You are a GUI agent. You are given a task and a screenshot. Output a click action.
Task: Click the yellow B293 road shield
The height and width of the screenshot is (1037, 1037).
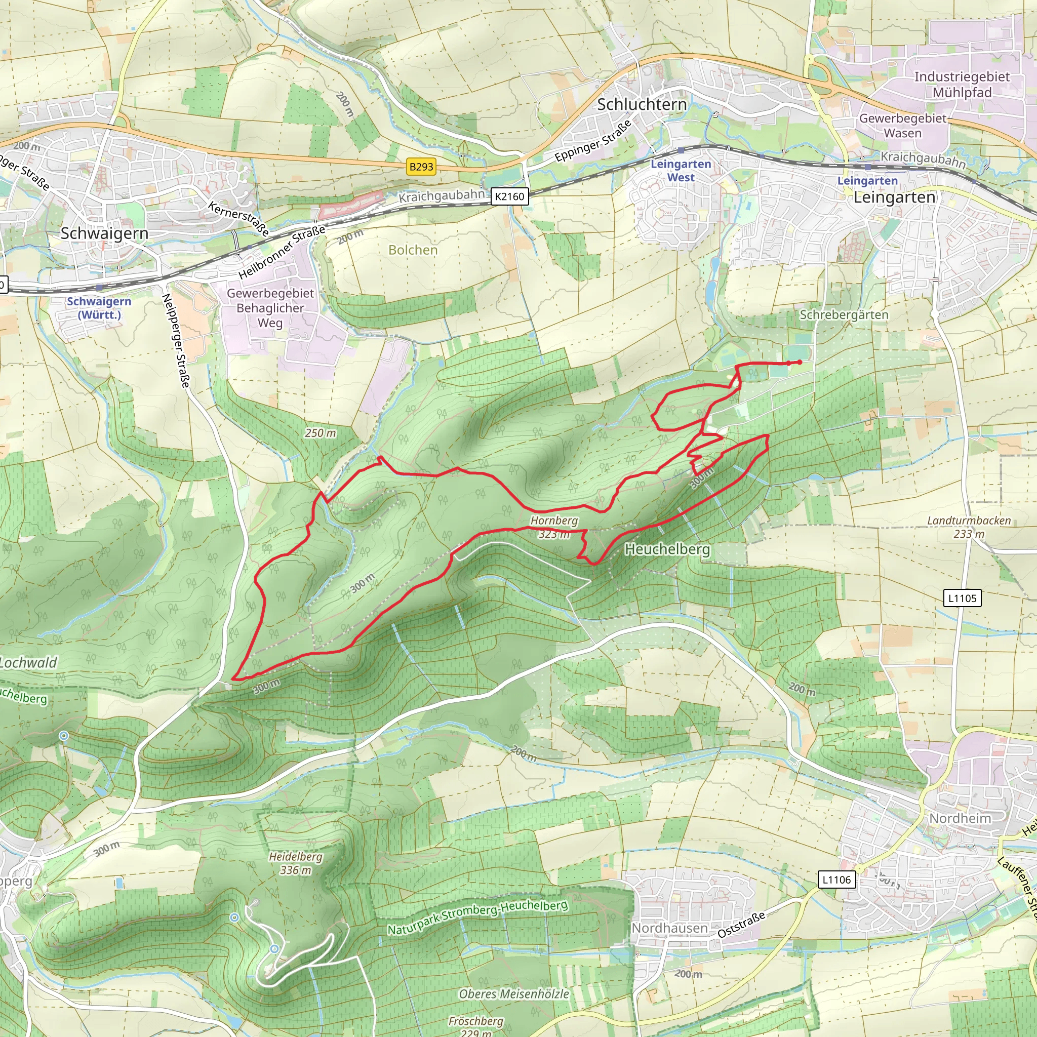point(421,167)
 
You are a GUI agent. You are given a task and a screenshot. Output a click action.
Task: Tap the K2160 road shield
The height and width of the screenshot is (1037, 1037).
point(509,196)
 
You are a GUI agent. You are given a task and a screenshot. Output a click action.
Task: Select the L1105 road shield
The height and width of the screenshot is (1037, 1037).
point(963,598)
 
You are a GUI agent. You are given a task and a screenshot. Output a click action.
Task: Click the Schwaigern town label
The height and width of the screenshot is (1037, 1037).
point(104,233)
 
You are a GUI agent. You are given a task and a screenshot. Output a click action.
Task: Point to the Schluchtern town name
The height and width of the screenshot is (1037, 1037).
point(642,104)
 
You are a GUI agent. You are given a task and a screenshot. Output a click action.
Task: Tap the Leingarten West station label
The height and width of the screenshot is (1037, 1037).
point(681,171)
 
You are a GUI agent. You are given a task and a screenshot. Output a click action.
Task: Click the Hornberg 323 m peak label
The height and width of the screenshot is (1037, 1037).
point(554,527)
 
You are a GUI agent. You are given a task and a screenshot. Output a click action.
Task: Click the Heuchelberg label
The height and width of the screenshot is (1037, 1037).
point(667,549)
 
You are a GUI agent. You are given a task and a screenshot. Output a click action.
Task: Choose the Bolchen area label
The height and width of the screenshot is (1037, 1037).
point(413,250)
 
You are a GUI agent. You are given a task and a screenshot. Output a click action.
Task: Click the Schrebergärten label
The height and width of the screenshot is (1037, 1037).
point(844,314)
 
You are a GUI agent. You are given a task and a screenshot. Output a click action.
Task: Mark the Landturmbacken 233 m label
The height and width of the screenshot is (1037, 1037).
point(969,527)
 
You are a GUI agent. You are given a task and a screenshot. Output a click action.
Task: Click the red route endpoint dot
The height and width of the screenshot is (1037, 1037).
point(800,363)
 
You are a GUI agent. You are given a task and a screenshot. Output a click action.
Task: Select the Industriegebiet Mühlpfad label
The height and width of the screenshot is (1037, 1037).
point(962,84)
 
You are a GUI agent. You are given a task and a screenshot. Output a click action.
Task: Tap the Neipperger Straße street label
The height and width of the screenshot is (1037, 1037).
point(177,341)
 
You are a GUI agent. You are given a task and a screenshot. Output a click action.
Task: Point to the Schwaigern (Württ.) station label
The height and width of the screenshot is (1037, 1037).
point(99,307)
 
